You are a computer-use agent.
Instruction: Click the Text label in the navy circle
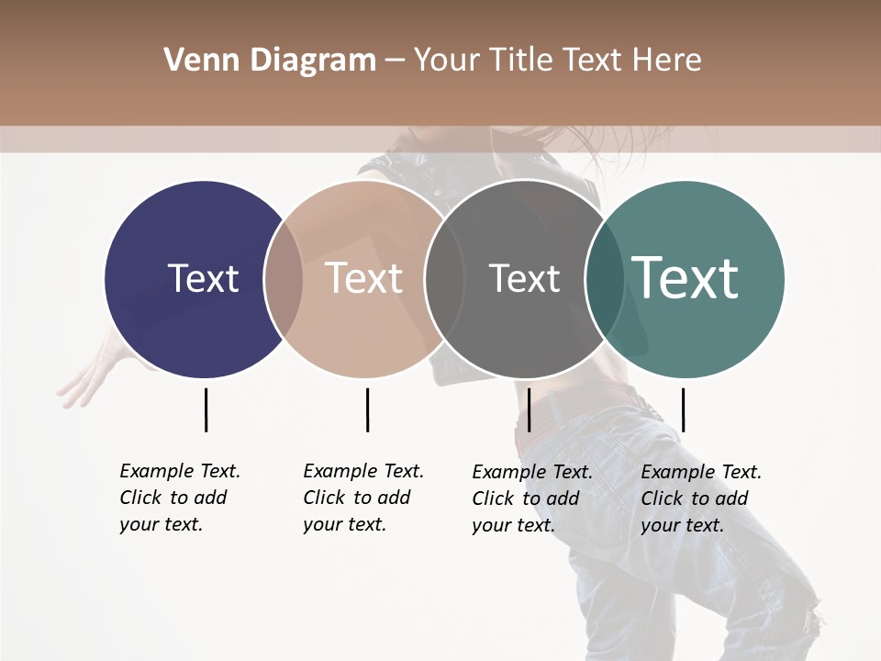[x=203, y=278]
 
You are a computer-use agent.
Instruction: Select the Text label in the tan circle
[x=363, y=278]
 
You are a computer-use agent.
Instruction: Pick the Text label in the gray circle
[x=524, y=278]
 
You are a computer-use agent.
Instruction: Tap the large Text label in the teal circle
[x=686, y=278]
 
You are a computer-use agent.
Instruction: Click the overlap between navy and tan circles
[x=284, y=279]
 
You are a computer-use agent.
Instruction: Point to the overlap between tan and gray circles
[x=444, y=279]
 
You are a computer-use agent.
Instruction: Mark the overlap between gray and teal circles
[x=605, y=279]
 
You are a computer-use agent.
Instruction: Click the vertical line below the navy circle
[x=206, y=409]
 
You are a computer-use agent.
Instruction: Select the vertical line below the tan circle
[x=367, y=409]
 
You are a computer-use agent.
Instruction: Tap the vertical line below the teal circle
[x=683, y=409]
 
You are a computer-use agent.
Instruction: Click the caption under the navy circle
[x=179, y=498]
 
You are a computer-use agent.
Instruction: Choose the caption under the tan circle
[x=362, y=498]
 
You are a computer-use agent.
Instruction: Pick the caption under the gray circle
[x=531, y=499]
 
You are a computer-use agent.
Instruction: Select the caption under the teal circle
[x=700, y=499]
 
